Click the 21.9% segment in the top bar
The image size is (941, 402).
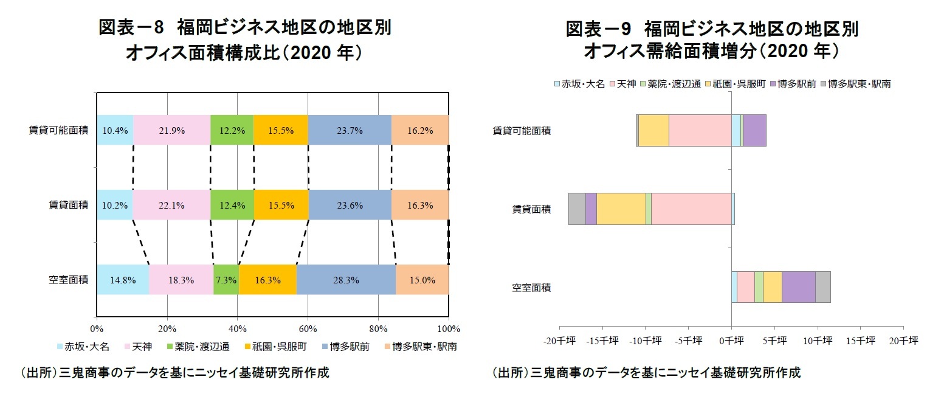coord(171,130)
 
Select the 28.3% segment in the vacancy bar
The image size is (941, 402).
coord(346,280)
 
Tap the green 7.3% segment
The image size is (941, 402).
coord(226,280)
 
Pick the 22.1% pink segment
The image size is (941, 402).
coord(171,205)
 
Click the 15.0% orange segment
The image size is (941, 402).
coord(422,280)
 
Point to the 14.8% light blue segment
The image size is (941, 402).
coord(122,280)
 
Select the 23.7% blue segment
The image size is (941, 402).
coord(350,130)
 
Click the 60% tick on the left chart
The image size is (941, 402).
coord(308,329)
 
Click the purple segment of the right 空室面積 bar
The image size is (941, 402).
coord(798,287)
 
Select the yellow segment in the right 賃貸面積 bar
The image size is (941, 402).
coord(621,209)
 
